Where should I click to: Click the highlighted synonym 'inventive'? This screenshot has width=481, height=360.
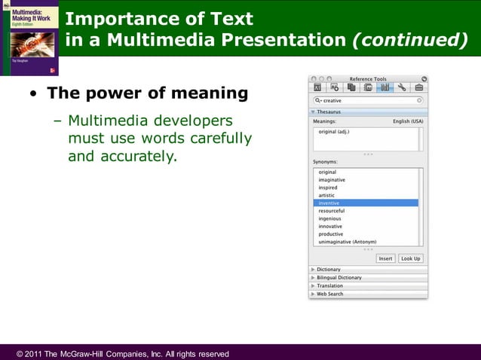point(329,203)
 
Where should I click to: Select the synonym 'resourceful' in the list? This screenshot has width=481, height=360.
point(332,211)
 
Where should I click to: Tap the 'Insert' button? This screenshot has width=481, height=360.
point(386,258)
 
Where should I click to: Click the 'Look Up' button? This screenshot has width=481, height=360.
point(411,258)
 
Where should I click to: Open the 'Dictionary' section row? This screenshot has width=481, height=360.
point(329,270)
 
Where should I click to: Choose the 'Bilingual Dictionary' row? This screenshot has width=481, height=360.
point(339,278)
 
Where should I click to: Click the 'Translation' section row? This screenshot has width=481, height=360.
point(329,286)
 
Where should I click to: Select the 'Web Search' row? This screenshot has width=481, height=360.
point(329,294)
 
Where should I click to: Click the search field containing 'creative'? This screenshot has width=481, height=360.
point(368,100)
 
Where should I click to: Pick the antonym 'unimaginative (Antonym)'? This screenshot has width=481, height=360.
point(347,243)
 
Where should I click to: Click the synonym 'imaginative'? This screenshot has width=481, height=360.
point(332,180)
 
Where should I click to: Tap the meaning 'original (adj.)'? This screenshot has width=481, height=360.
point(334,132)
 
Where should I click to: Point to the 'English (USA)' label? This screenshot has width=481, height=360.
point(408,121)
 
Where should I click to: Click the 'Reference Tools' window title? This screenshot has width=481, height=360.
point(368,79)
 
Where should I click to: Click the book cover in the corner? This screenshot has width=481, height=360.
point(30,38)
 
